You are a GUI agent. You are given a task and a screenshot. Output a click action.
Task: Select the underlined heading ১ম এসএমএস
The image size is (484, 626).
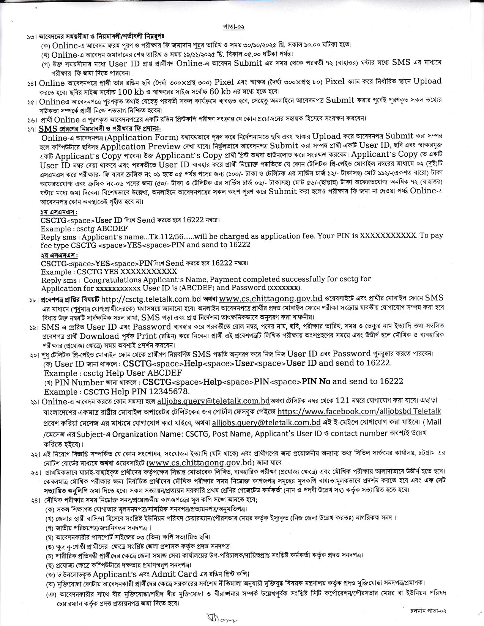pyautogui.click(x=59, y=211)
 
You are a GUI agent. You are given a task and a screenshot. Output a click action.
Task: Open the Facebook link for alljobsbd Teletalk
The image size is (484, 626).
pyautogui.click(x=359, y=411)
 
